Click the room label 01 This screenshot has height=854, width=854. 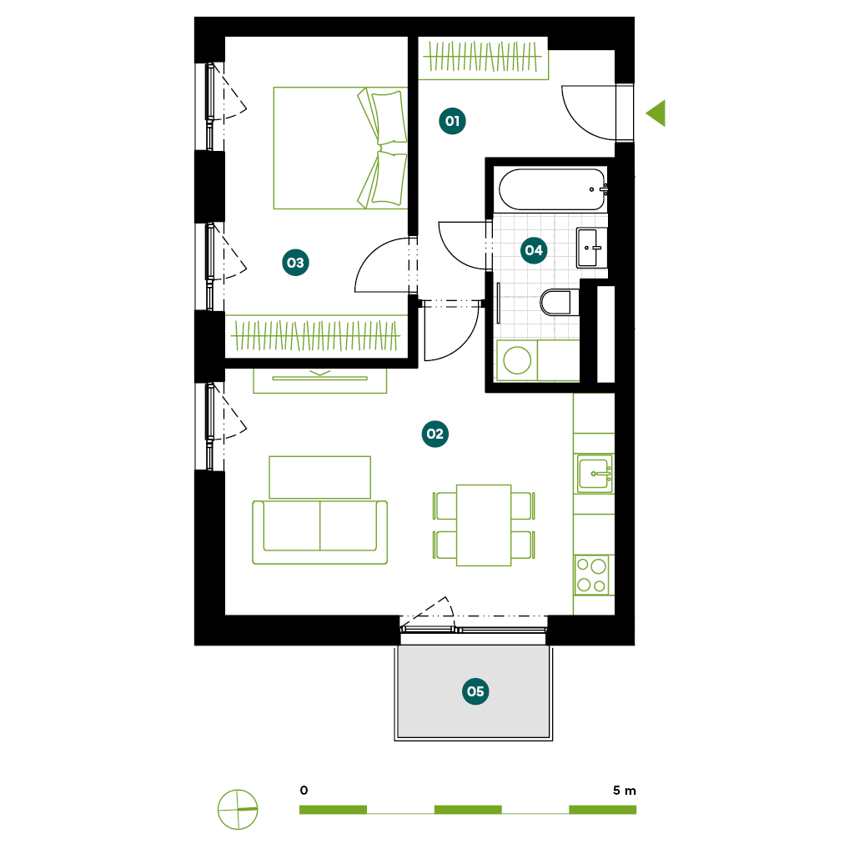click(x=452, y=121)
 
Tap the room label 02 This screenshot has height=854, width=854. click(x=435, y=434)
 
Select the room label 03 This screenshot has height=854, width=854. click(x=295, y=263)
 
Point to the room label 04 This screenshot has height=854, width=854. click(x=533, y=250)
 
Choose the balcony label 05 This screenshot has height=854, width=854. click(x=475, y=691)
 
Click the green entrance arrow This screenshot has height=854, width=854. click(x=658, y=113)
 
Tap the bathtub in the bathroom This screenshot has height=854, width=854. click(x=552, y=189)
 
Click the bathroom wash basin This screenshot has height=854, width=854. click(x=591, y=248)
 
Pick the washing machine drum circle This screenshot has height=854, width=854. click(x=517, y=360)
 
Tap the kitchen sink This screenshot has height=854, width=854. click(x=595, y=474)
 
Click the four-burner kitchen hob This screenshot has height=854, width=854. click(x=592, y=575)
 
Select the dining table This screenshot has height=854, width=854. click(x=484, y=525)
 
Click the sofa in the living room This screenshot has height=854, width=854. click(x=319, y=532)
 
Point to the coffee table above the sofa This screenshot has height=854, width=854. click(x=319, y=477)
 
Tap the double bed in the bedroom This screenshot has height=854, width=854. click(x=340, y=148)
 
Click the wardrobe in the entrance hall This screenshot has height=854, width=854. click(x=483, y=58)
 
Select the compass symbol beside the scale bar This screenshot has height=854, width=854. click(x=238, y=809)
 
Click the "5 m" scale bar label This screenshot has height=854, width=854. click(x=624, y=791)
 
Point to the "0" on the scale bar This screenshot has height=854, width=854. click(x=304, y=791)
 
